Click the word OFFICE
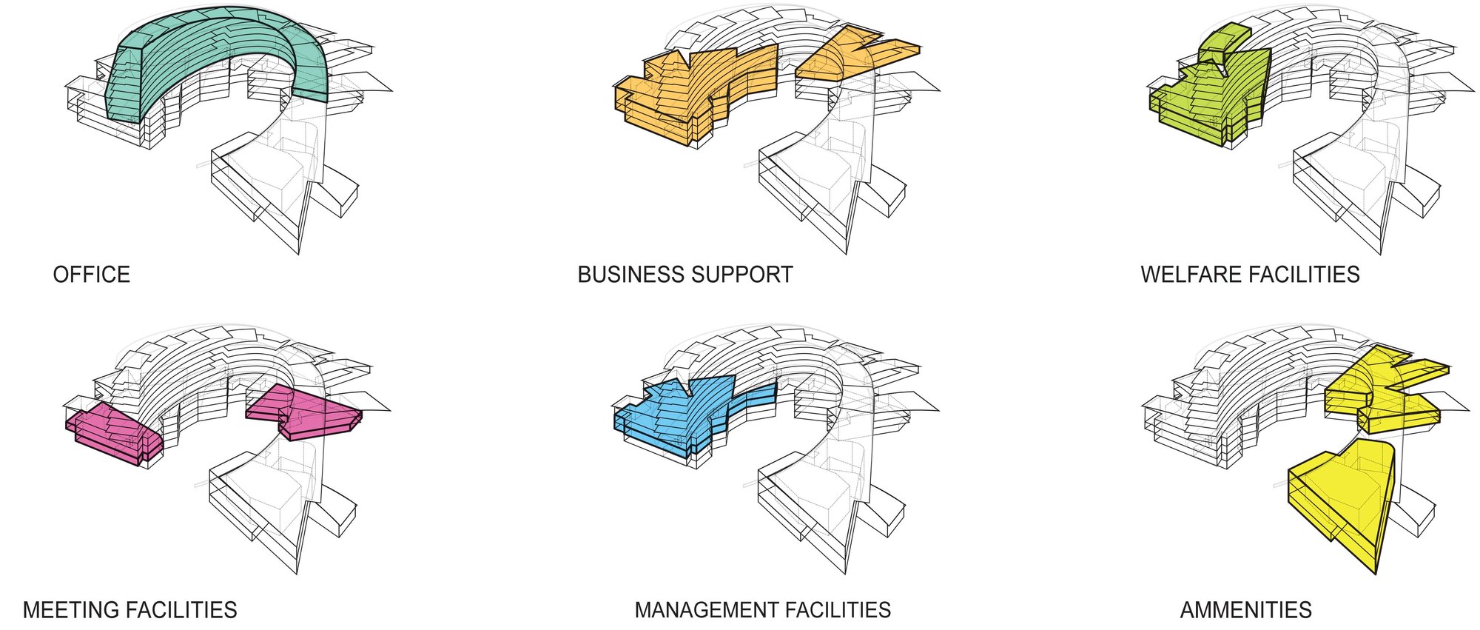pyautogui.click(x=91, y=275)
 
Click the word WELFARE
pyautogui.click(x=1191, y=275)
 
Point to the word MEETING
pyautogui.click(x=69, y=610)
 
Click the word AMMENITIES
pyautogui.click(x=1245, y=610)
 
